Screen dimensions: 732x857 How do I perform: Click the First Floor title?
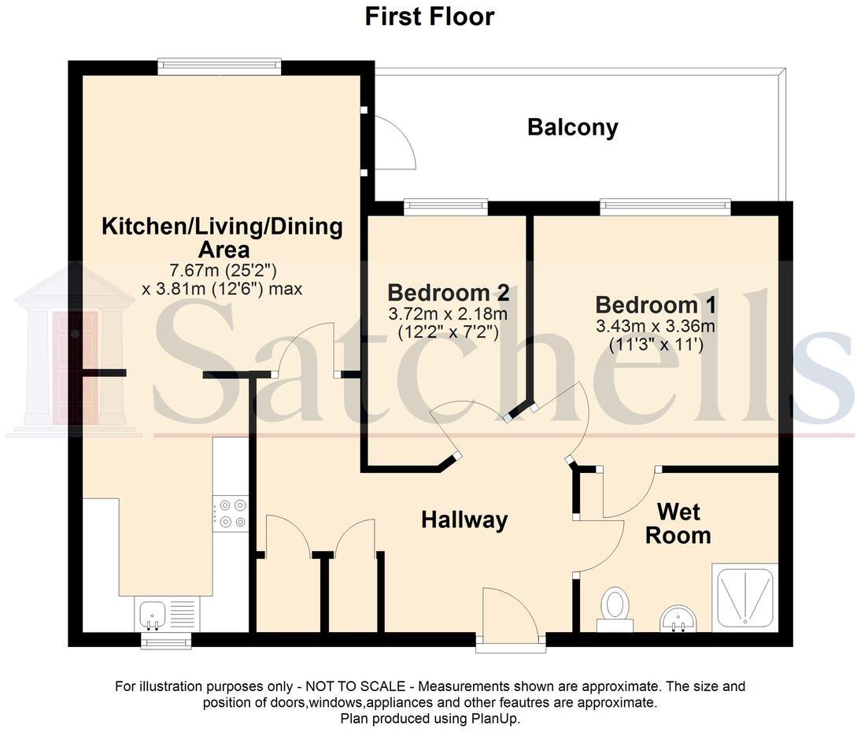click(x=429, y=16)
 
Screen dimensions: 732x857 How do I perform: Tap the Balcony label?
click(x=572, y=128)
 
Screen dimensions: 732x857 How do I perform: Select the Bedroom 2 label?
click(x=448, y=294)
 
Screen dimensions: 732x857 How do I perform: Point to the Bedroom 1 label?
click(x=656, y=305)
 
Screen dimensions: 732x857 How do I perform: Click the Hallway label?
click(x=464, y=519)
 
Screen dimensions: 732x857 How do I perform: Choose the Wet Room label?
click(x=678, y=524)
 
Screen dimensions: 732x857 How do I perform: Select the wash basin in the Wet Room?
click(x=677, y=618)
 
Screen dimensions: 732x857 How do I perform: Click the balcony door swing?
click(x=394, y=142)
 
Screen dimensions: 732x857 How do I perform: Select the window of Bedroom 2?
click(x=445, y=208)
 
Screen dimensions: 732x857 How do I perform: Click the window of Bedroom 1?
click(x=665, y=208)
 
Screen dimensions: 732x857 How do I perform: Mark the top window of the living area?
click(x=219, y=66)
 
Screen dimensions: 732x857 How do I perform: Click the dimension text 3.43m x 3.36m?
click(x=656, y=326)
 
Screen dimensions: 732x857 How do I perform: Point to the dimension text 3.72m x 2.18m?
click(x=447, y=315)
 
